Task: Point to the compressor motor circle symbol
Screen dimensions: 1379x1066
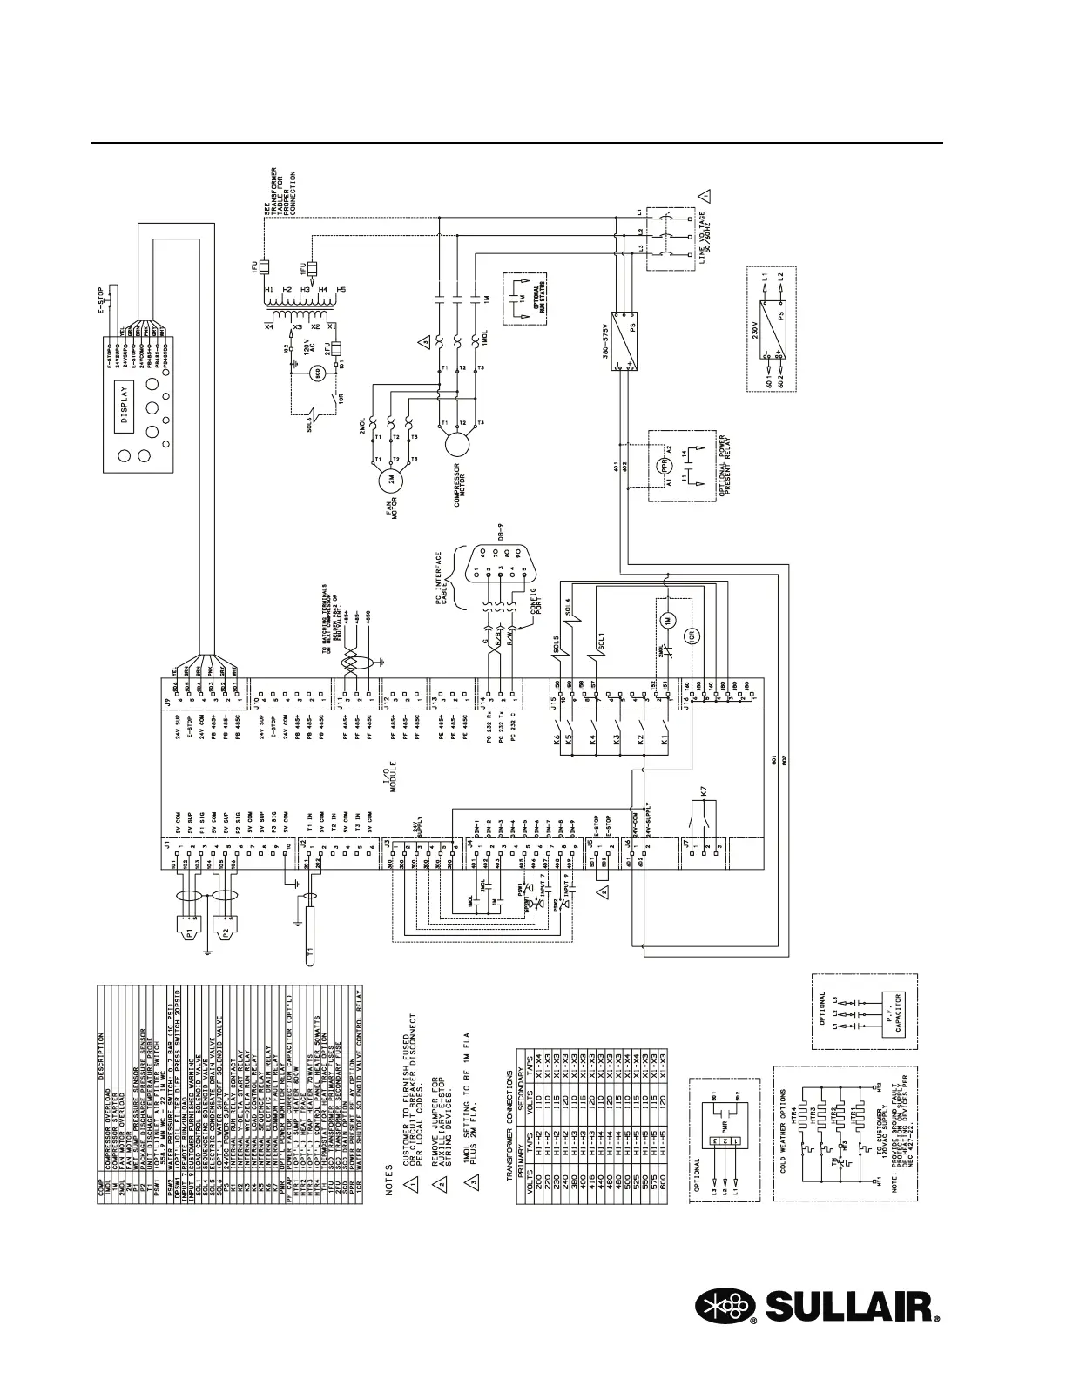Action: coord(455,443)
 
